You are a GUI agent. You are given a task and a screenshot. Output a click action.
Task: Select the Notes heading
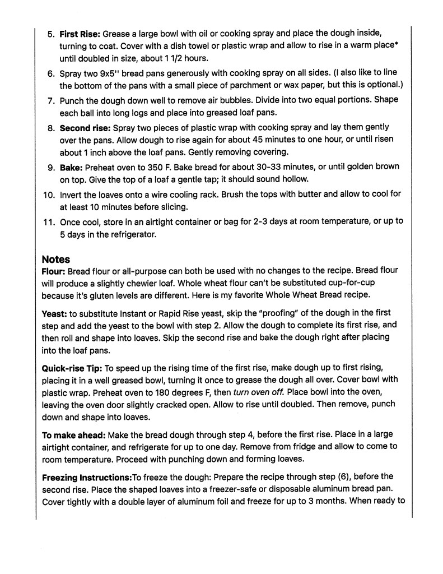tap(56, 260)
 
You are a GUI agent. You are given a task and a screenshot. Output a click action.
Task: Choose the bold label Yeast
tap(54, 312)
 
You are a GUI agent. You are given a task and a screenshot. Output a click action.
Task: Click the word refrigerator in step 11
tap(128, 234)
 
